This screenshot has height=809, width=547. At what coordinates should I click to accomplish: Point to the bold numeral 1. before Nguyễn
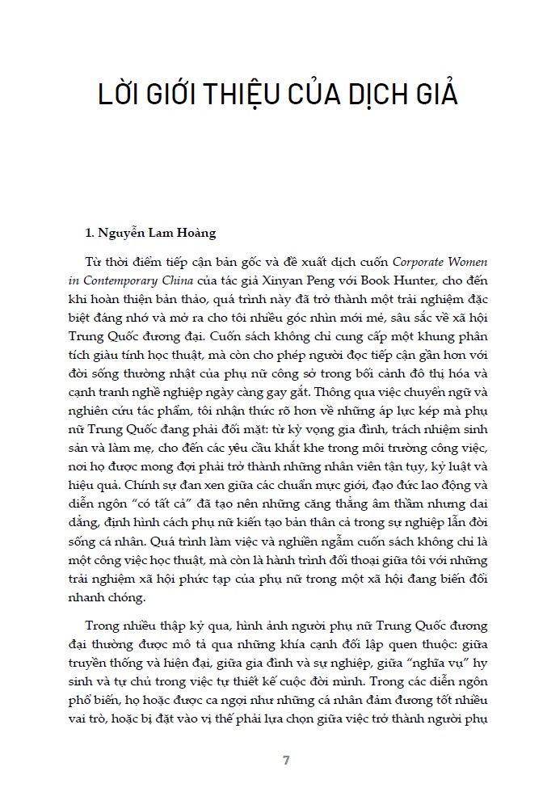pos(90,234)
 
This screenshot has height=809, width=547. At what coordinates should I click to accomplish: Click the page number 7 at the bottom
pos(286,761)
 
